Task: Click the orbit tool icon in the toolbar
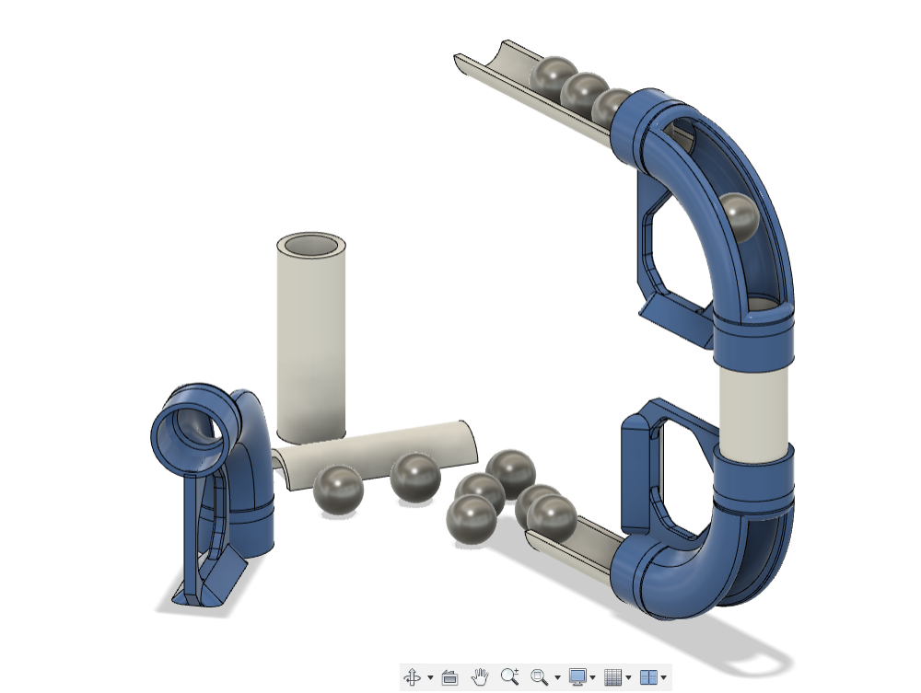pos(412,677)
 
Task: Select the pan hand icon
pos(479,677)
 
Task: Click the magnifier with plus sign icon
pos(509,677)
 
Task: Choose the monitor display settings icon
pos(577,677)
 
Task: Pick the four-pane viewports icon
pos(648,677)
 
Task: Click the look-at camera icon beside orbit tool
pos(449,677)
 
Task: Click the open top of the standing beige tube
pos(312,246)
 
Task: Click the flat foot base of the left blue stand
pos(207,589)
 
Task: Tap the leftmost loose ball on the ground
pos(338,489)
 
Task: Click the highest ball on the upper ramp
pos(555,76)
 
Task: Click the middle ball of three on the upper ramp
pos(583,92)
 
